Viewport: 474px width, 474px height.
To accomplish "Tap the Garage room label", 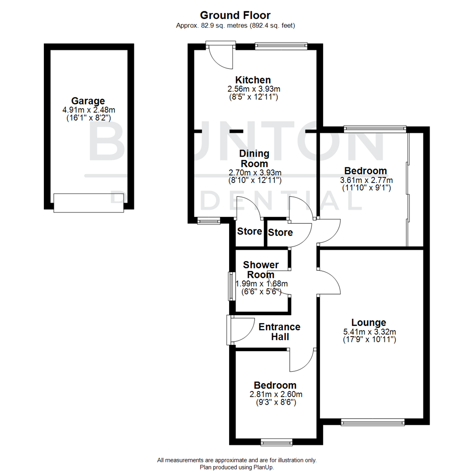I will [x=88, y=101].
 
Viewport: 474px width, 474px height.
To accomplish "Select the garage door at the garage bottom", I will [x=89, y=203].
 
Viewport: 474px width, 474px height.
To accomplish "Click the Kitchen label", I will [x=253, y=80].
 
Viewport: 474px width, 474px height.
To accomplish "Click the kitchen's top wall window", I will [x=280, y=45].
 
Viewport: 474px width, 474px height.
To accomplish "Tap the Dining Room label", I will [x=255, y=158].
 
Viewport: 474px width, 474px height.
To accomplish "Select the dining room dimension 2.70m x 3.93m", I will [x=255, y=172].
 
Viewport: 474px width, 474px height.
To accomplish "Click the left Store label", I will [x=249, y=231].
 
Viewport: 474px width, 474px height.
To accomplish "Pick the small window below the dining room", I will [x=208, y=222].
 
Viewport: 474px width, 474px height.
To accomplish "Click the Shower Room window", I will [x=230, y=286].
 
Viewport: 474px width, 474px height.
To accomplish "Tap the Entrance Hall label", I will [x=279, y=332].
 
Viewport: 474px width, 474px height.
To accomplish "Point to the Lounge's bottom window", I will [x=373, y=422].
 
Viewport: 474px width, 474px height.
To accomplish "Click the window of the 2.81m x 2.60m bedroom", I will [x=276, y=442].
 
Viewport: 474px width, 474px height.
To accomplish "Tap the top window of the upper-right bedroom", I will [x=375, y=129].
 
